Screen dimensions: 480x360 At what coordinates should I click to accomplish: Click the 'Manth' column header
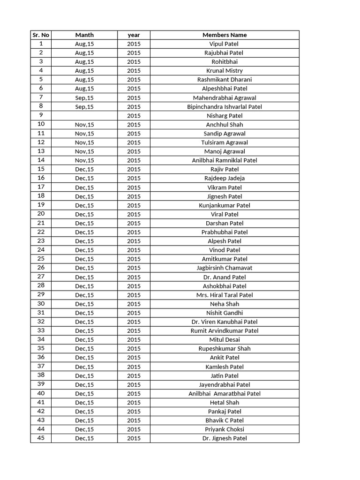(84, 35)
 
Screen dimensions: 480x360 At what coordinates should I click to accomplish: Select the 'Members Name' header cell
(225, 35)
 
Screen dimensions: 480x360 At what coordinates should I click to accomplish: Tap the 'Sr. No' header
(41, 35)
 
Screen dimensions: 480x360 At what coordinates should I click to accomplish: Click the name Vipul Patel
(224, 44)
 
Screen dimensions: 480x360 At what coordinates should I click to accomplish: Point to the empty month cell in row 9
(84, 115)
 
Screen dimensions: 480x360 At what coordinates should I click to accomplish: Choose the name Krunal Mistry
(225, 71)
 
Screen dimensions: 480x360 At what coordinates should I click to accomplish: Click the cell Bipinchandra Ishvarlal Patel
(225, 106)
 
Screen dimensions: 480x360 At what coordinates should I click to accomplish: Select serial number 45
(41, 438)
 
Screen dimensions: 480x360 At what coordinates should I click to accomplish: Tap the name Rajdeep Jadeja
(225, 178)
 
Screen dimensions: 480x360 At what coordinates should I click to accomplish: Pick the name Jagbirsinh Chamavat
(225, 268)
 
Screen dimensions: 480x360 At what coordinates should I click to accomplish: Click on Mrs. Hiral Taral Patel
(225, 295)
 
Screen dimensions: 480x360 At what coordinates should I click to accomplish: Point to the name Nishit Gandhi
(225, 313)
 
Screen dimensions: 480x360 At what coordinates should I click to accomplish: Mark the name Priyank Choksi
(225, 429)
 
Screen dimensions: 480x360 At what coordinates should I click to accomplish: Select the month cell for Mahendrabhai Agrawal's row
(84, 97)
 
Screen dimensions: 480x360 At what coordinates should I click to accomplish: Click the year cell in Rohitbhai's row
(134, 61)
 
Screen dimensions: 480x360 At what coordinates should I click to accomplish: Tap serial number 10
(41, 124)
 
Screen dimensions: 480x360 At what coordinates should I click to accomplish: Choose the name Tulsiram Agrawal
(225, 142)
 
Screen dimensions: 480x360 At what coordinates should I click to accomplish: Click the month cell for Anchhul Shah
(84, 124)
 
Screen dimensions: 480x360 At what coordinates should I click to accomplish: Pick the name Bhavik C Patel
(225, 420)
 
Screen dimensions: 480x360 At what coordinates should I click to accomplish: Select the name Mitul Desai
(225, 339)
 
